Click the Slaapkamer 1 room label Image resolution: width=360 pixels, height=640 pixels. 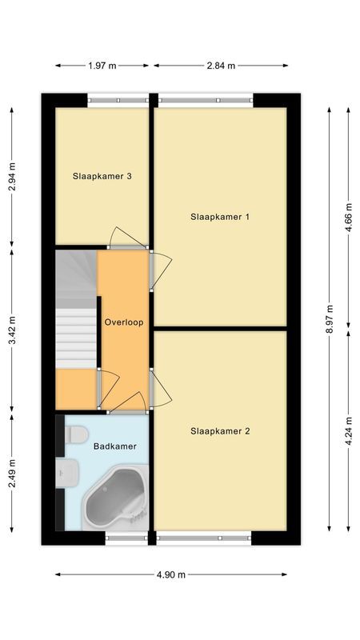(220, 217)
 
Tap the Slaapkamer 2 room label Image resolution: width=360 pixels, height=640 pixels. (220, 431)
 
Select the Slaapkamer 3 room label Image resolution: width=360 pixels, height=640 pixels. (102, 177)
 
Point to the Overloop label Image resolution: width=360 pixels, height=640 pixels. (123, 322)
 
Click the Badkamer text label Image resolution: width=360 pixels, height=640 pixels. (114, 446)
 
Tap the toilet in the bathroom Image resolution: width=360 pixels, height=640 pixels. (77, 434)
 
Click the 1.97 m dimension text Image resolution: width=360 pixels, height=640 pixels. (103, 65)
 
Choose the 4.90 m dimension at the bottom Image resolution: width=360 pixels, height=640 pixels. (170, 574)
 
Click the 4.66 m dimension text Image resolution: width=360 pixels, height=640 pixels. (348, 217)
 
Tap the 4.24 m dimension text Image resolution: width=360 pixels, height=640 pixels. (348, 432)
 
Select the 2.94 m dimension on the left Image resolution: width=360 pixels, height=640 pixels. (12, 177)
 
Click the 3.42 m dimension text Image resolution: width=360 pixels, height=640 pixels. (12, 330)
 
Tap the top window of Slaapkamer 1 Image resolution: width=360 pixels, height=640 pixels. (206, 101)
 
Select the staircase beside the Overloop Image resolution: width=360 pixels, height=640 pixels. (75, 316)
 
